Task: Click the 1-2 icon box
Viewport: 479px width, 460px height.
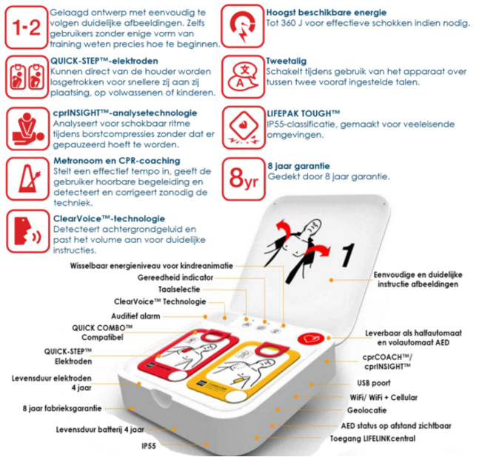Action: point(26,27)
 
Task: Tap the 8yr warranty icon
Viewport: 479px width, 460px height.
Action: point(244,179)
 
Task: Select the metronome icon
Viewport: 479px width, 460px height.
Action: point(27,179)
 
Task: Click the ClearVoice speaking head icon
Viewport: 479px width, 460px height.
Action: point(28,231)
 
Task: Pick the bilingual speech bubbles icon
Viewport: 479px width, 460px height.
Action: point(243,77)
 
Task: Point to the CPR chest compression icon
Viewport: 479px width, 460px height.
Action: point(27,128)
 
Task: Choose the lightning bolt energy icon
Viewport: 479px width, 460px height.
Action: point(243,26)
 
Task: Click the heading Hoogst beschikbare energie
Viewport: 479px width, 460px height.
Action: point(326,13)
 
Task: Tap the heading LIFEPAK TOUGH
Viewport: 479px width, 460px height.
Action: point(304,113)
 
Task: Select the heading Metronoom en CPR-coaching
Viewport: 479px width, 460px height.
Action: point(117,161)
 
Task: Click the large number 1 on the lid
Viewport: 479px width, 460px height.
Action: point(348,255)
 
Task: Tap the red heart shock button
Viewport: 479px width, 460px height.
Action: point(310,339)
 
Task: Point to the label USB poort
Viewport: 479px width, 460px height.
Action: point(374,383)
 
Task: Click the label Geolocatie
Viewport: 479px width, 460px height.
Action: point(366,410)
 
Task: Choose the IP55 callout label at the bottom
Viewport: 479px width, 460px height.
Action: point(149,446)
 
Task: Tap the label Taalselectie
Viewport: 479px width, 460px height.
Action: point(179,289)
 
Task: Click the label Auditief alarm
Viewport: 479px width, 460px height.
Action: point(135,316)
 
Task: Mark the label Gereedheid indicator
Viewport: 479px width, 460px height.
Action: point(175,278)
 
